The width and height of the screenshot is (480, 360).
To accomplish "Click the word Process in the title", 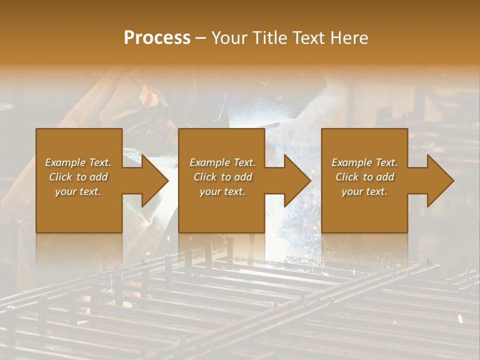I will click(x=157, y=38).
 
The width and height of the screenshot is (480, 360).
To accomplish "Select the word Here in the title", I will click(x=349, y=38).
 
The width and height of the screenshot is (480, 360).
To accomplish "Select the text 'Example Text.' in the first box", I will click(x=78, y=162).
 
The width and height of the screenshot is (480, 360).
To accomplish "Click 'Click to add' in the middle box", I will click(x=222, y=177).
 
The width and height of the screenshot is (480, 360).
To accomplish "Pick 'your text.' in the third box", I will click(x=364, y=191).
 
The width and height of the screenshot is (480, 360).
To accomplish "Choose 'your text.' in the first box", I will click(x=78, y=191).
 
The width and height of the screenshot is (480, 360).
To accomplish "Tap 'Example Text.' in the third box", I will click(x=364, y=162).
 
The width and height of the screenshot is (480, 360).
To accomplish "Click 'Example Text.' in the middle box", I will click(x=222, y=162).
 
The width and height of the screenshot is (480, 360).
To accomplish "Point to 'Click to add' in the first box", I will click(x=78, y=177).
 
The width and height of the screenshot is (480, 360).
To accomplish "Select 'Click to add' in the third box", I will click(x=364, y=177).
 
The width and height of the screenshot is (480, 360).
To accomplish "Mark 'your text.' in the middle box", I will click(x=222, y=191).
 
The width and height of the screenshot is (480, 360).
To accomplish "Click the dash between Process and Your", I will click(x=200, y=38).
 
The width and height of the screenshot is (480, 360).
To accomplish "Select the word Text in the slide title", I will click(x=309, y=38).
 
